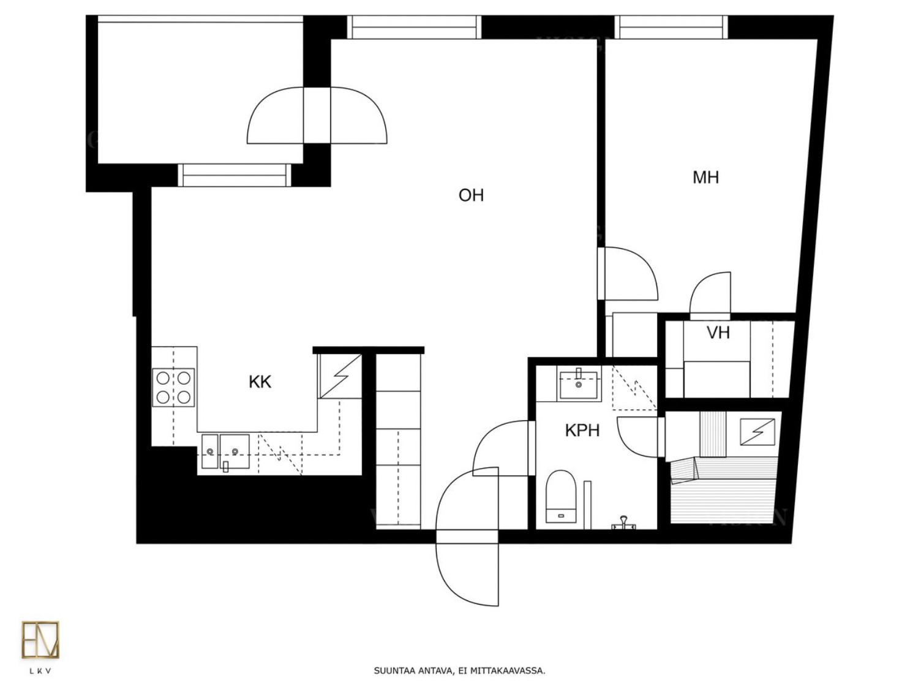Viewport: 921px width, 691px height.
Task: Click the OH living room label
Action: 471,195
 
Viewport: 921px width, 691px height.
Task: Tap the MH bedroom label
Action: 705,178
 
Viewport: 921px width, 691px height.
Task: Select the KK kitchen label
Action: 260,382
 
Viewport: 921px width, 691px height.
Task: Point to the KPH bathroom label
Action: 582,431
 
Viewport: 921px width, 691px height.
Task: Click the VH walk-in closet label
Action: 718,333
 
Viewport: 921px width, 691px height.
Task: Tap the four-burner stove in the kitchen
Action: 173,387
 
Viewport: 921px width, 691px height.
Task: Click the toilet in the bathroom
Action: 561,497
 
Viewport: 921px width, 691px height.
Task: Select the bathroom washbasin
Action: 579,383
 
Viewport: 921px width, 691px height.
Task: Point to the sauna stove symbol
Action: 757,432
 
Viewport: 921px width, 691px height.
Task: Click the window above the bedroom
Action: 671,28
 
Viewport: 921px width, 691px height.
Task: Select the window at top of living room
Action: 414,28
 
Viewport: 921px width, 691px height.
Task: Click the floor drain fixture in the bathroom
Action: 623,523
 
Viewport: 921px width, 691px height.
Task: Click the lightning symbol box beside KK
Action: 340,376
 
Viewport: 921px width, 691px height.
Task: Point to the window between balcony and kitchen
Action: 234,175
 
